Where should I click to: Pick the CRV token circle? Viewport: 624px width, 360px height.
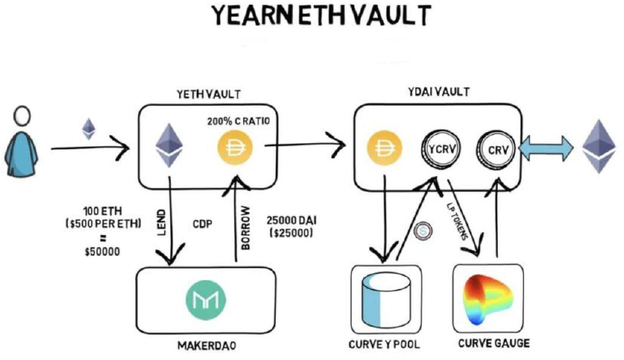click(x=495, y=148)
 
